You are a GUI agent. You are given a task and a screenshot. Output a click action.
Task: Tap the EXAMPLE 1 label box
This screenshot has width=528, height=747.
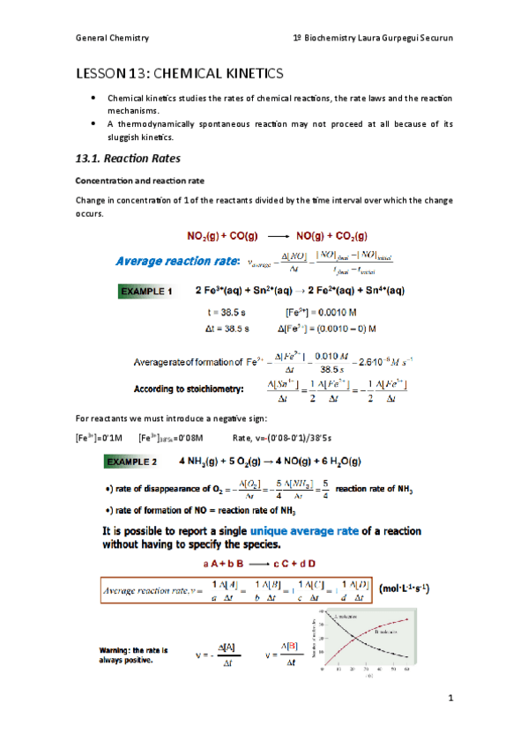pos(146,291)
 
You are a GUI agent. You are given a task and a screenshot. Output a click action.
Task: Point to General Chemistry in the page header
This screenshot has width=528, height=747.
pos(112,38)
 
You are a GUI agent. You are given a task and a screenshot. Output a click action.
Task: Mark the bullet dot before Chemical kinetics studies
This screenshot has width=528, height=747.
pos(93,98)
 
